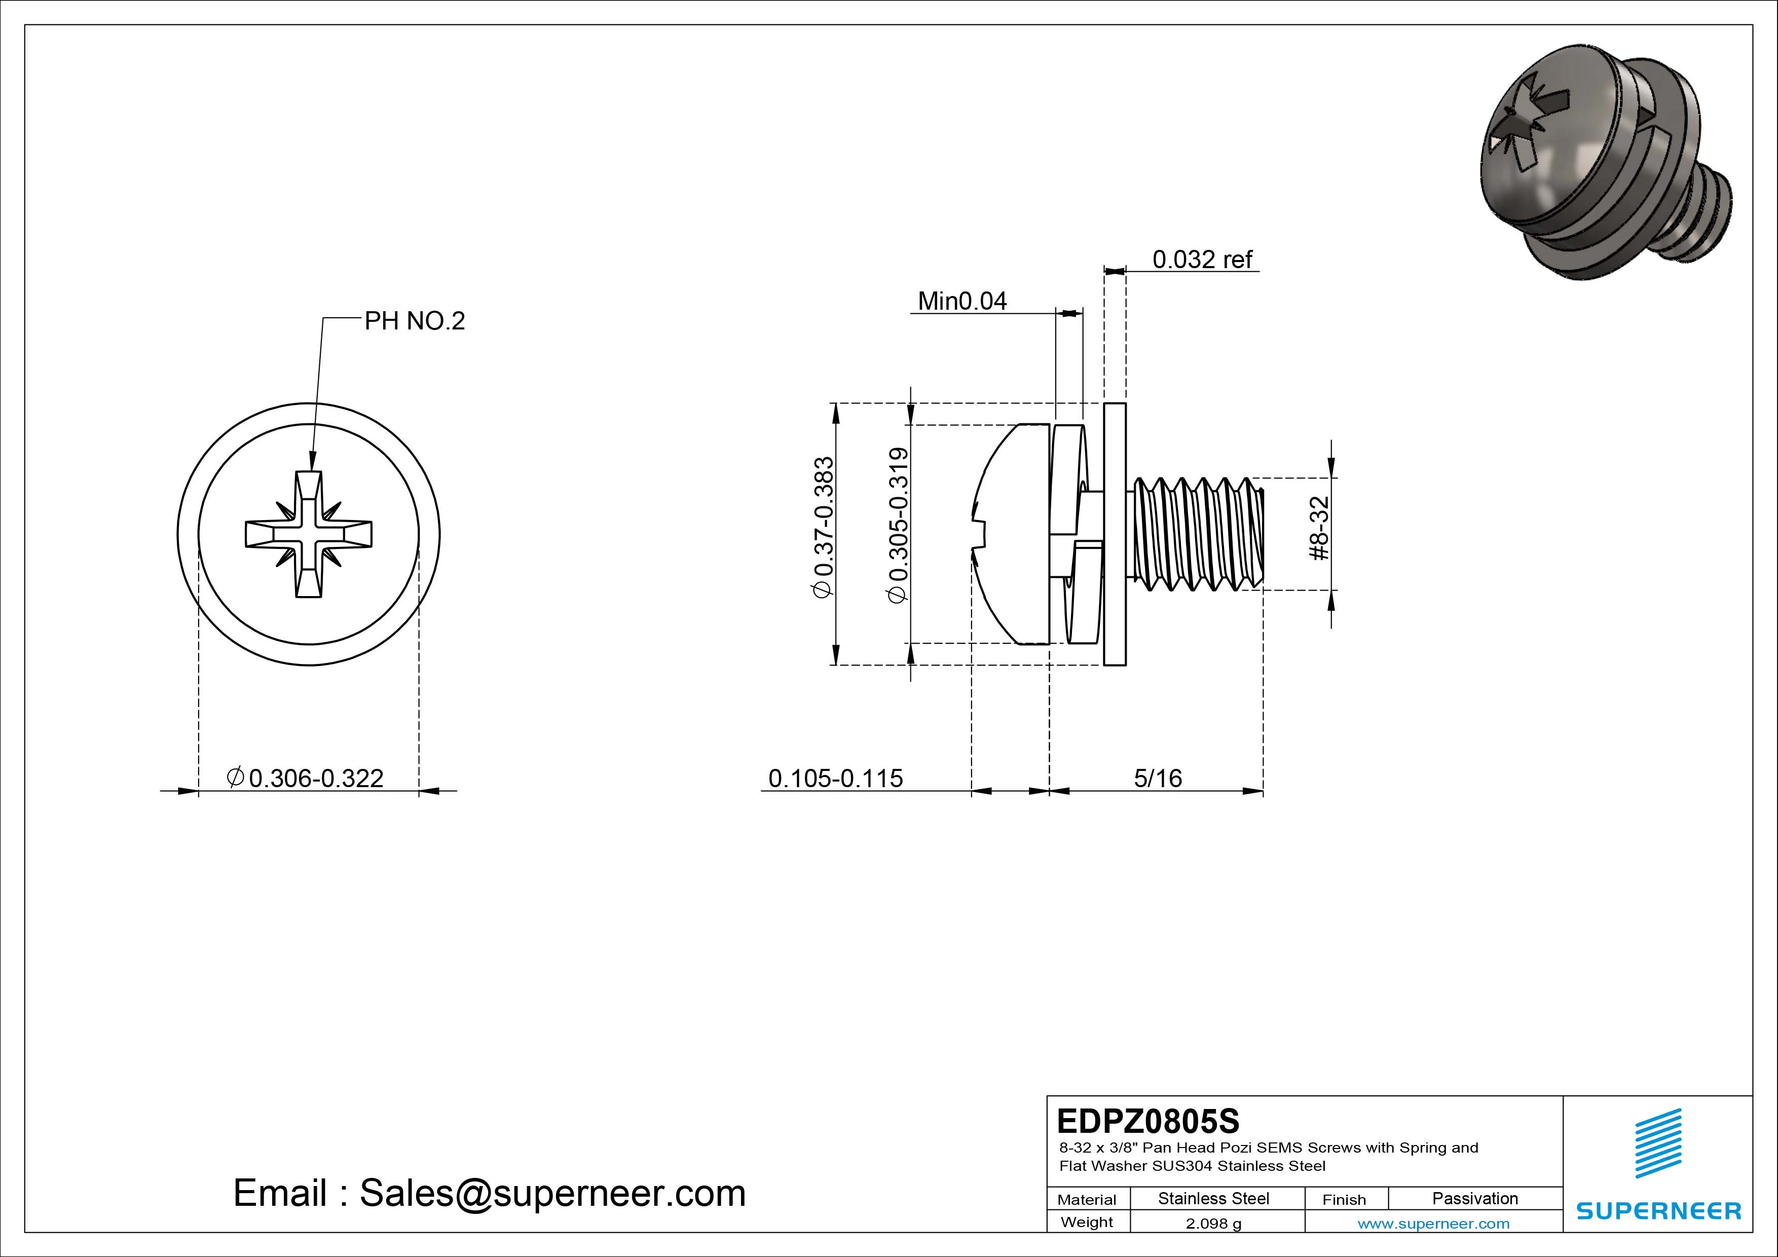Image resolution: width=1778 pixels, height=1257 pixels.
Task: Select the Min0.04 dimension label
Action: point(962,301)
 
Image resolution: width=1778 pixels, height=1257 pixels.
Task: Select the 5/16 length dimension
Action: point(1158,778)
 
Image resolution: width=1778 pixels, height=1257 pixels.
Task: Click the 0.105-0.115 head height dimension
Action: point(836,778)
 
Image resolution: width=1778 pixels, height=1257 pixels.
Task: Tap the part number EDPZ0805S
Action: point(1147,1121)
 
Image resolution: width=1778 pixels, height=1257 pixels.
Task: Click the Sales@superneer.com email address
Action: point(552,1193)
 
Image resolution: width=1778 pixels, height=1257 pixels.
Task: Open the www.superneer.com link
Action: point(1433,1224)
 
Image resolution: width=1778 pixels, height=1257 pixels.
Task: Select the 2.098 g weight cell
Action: point(1213,1224)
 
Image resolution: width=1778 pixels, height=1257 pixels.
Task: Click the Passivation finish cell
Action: point(1474,1198)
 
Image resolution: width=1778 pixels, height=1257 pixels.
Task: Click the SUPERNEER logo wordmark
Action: point(1658,1210)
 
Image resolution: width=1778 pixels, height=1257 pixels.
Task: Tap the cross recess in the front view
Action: point(309,534)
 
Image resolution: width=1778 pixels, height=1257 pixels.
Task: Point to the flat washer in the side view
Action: point(1115,534)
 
